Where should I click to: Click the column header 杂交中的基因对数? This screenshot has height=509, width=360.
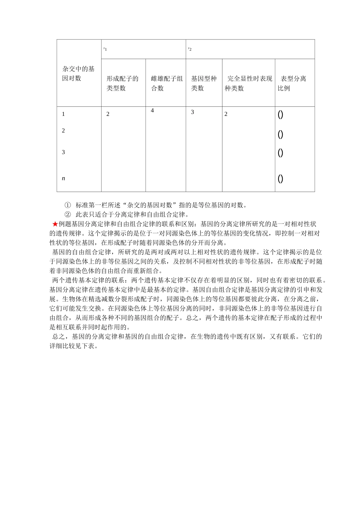point(78,73)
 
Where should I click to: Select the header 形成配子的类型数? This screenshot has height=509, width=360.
point(122,83)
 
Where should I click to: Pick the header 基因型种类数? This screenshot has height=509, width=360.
point(203,83)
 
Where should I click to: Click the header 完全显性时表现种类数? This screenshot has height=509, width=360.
point(249,83)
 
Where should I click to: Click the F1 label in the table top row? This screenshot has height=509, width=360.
point(105,49)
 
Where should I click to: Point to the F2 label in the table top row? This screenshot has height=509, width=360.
point(190,49)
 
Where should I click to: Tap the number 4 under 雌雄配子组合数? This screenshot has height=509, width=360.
point(152,111)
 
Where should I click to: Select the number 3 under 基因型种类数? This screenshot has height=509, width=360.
point(193,112)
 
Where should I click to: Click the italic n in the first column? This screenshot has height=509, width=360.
point(63,178)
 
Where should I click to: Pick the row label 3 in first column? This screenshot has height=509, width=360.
point(63,152)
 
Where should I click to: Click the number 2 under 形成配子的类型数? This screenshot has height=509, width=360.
point(108,114)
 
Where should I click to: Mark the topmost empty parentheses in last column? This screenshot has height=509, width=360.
point(280,114)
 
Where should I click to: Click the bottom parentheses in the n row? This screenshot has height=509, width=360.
point(280,178)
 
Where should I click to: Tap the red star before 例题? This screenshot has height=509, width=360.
point(55,224)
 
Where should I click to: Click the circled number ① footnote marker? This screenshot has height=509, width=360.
point(67,205)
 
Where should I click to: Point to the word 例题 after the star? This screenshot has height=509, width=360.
point(65,224)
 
